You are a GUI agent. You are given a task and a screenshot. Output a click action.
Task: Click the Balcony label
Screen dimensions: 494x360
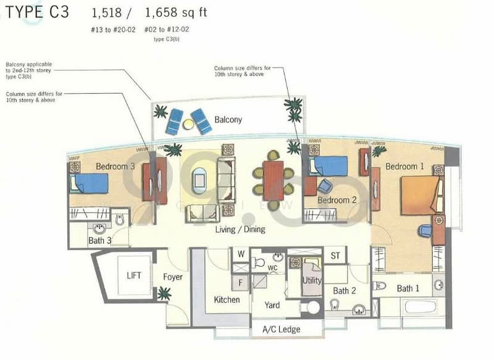pos(228,120)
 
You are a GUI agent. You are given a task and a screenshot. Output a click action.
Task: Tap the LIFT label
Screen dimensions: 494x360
pos(134,275)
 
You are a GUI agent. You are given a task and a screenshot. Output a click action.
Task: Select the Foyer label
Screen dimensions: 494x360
pos(173,277)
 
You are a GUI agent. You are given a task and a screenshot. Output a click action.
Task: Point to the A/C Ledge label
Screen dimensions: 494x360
pos(281,330)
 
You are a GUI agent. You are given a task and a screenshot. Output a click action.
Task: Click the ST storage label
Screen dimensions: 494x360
pos(335,256)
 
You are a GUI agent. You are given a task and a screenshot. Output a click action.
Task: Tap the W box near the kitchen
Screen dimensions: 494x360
pos(241,254)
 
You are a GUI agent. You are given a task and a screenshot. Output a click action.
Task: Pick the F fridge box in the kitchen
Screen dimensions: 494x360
pos(240,283)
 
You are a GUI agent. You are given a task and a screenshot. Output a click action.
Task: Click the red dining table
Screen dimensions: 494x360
pos(274,180)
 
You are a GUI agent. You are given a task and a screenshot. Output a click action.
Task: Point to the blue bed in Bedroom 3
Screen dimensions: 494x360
pos(89,183)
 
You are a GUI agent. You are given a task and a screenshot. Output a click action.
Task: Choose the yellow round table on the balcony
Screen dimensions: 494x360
pos(188,124)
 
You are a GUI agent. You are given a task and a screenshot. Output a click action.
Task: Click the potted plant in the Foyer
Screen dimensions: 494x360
pos(164,293)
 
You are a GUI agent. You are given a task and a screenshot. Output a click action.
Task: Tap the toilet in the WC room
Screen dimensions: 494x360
pos(258,262)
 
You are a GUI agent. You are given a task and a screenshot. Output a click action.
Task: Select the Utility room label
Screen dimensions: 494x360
pos(312,280)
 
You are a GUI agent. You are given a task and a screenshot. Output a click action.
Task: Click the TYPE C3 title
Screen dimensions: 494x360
pos(37,12)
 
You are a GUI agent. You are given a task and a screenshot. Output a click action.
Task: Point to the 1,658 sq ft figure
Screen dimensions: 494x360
pos(176,12)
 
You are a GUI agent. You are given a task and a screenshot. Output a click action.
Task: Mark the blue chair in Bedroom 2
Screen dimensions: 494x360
pos(325,186)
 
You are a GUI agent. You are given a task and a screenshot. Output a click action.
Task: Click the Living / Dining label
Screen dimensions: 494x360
pos(240,229)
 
